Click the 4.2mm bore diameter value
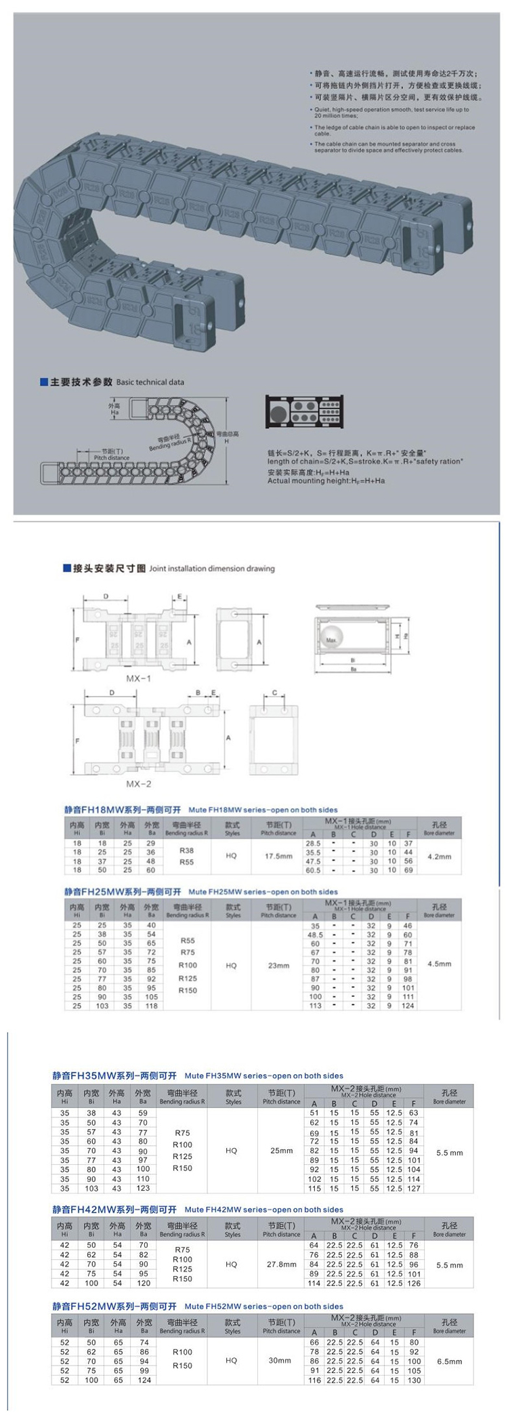[x=439, y=857]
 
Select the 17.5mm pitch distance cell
[x=278, y=856]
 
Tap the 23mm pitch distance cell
[x=278, y=965]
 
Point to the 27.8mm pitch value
[x=282, y=1265]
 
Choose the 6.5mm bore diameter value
[x=450, y=1361]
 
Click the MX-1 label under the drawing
[x=139, y=678]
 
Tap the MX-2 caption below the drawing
[x=139, y=783]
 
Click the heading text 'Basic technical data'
[x=150, y=382]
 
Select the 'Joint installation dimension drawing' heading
[x=212, y=569]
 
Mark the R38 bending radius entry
[x=187, y=850]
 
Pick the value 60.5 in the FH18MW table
[x=313, y=870]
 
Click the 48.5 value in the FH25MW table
[x=315, y=935]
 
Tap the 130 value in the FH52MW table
[x=415, y=1380]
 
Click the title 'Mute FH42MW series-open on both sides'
[x=263, y=1210]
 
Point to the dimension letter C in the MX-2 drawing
[x=274, y=693]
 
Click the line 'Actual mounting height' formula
[x=326, y=480]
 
